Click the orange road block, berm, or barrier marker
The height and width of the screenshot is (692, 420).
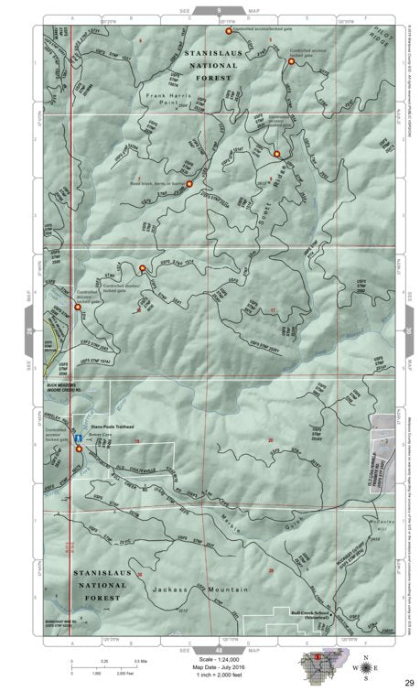[x=189, y=184]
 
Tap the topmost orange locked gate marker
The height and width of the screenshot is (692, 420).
[x=228, y=31]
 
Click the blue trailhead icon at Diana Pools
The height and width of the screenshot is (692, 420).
[x=80, y=439]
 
